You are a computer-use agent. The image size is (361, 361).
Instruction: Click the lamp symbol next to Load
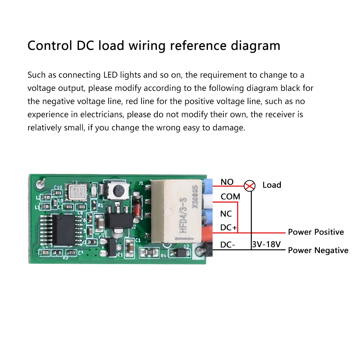[249, 186]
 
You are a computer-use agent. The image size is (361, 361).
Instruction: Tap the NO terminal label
[227, 182]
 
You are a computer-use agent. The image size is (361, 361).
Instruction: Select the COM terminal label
[230, 197]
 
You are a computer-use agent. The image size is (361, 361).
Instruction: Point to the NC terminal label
[226, 214]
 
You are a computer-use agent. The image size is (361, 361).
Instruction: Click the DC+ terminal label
[229, 228]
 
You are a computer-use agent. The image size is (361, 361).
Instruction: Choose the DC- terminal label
[228, 245]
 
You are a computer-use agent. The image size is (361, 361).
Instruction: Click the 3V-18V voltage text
[266, 244]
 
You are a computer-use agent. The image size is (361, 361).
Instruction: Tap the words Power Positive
[316, 232]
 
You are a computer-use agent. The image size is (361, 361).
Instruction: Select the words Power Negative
[318, 250]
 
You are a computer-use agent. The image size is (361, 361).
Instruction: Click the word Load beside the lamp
[271, 185]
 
